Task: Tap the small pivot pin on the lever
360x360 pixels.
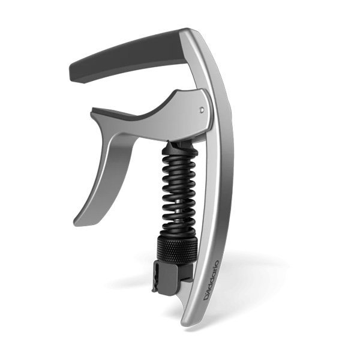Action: [x=202, y=110]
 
